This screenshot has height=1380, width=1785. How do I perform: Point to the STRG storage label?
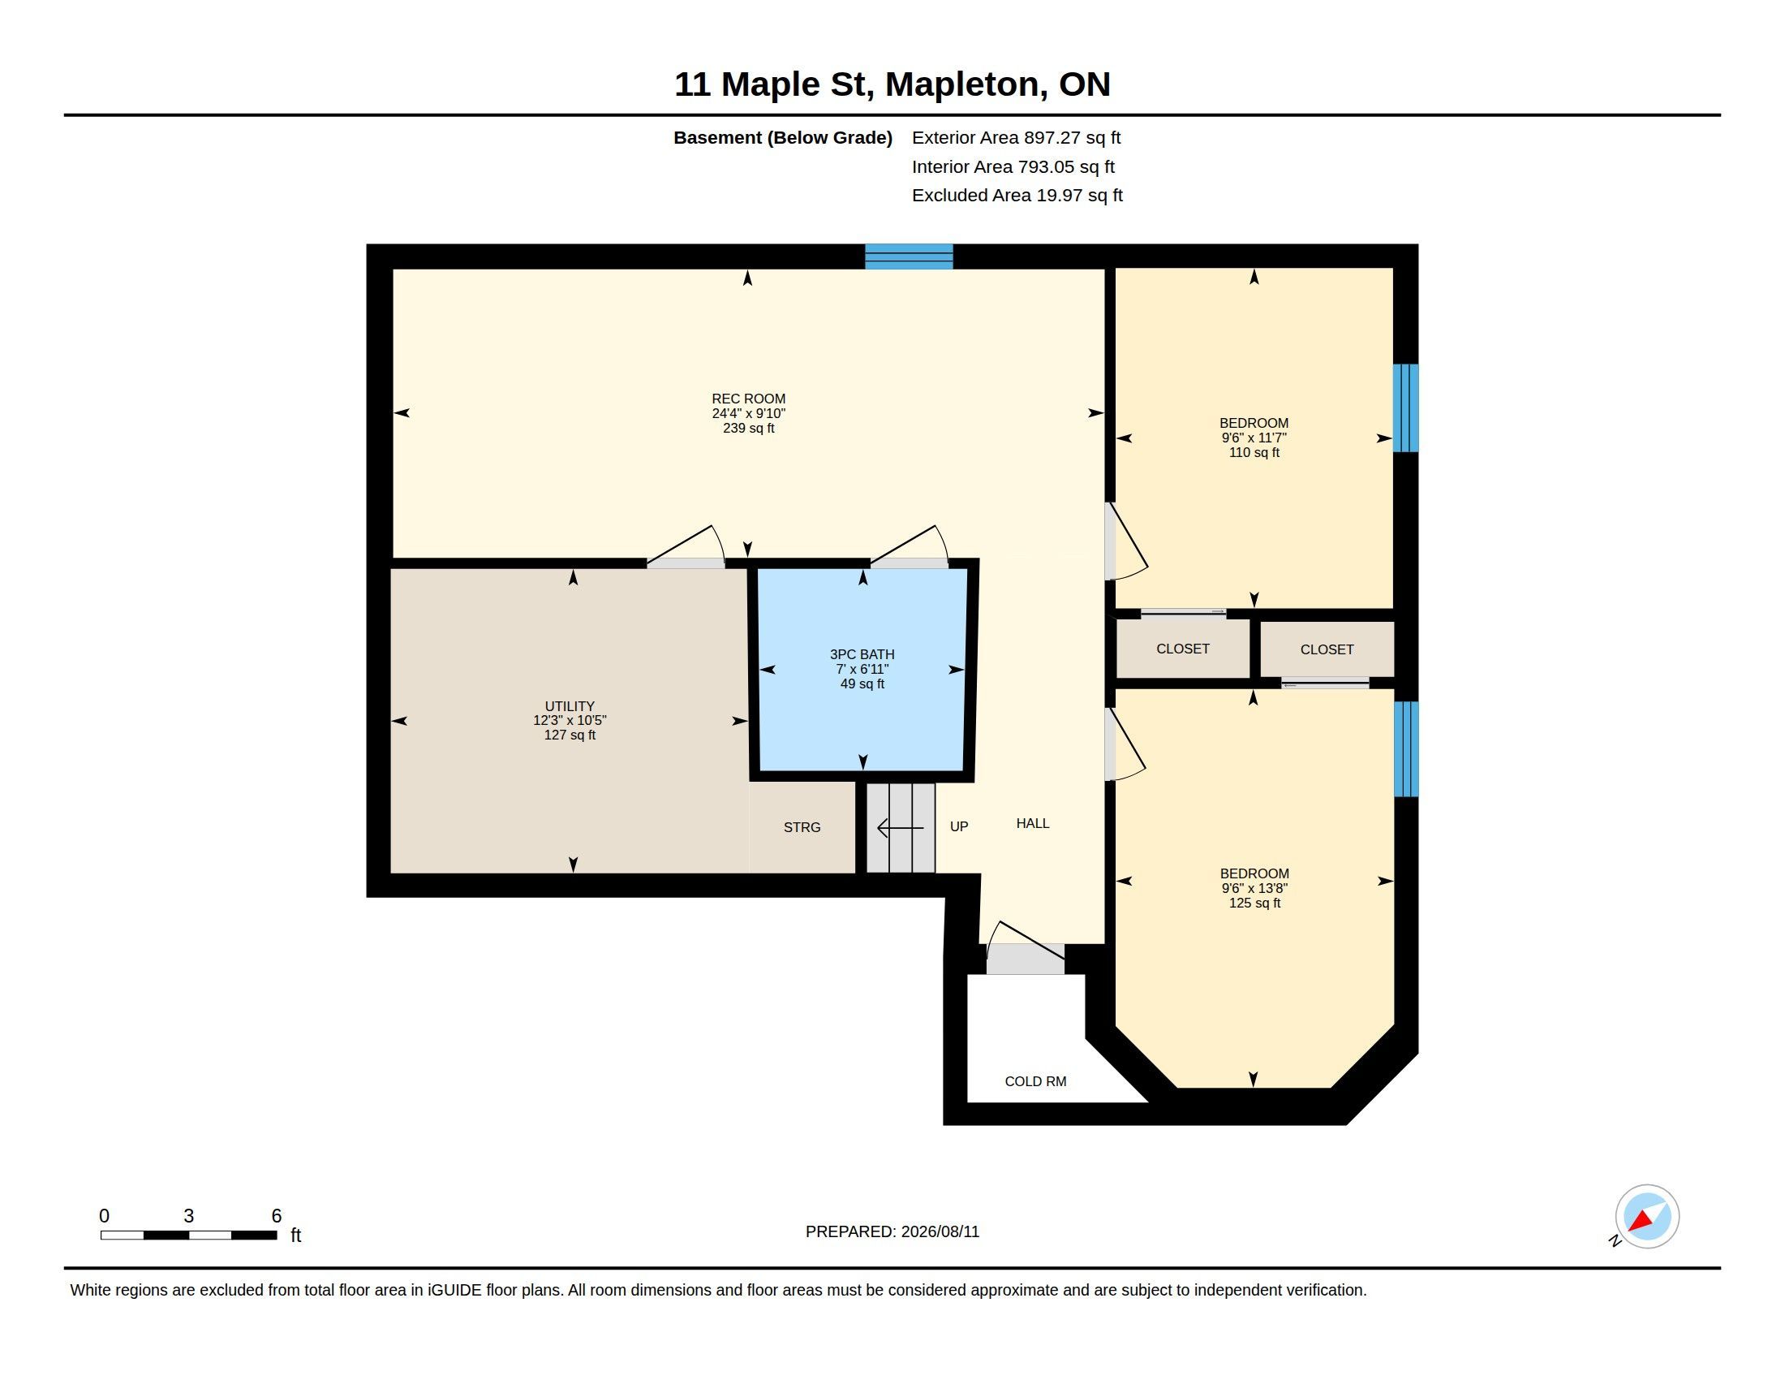pyautogui.click(x=802, y=827)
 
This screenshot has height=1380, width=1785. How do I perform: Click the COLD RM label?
pyautogui.click(x=1035, y=1081)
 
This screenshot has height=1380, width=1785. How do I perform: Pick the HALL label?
pyautogui.click(x=1033, y=823)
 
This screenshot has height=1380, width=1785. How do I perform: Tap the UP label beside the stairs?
pyautogui.click(x=960, y=826)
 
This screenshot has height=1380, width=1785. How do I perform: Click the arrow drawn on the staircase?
pyautogui.click(x=901, y=828)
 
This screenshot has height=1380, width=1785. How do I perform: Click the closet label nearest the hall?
pyautogui.click(x=1183, y=649)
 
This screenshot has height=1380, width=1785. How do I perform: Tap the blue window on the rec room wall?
pyautogui.click(x=910, y=257)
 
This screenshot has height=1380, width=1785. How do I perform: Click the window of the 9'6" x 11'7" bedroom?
pyautogui.click(x=1406, y=408)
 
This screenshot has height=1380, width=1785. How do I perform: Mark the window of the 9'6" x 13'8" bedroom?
pyautogui.click(x=1406, y=749)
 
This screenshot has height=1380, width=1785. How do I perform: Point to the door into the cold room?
pyautogui.click(x=1025, y=959)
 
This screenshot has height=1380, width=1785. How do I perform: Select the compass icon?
pyautogui.click(x=1647, y=1217)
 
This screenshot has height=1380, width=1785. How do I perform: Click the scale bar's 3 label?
pyautogui.click(x=189, y=1216)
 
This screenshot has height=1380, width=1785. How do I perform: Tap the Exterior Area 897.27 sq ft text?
pyautogui.click(x=1016, y=138)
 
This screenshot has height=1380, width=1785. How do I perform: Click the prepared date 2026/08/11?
pyautogui.click(x=940, y=1232)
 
